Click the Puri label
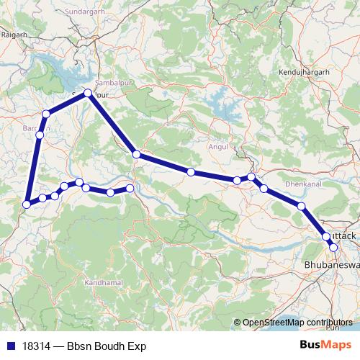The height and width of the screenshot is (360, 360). [330, 327]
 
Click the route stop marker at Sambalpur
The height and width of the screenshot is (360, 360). [88, 93]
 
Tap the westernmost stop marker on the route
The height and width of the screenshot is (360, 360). [27, 204]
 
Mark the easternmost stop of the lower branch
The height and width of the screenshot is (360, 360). [130, 188]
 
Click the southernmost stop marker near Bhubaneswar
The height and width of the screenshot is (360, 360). [333, 247]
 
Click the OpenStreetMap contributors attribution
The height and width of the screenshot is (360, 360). [299, 322]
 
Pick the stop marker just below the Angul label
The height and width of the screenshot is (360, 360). [237, 180]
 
